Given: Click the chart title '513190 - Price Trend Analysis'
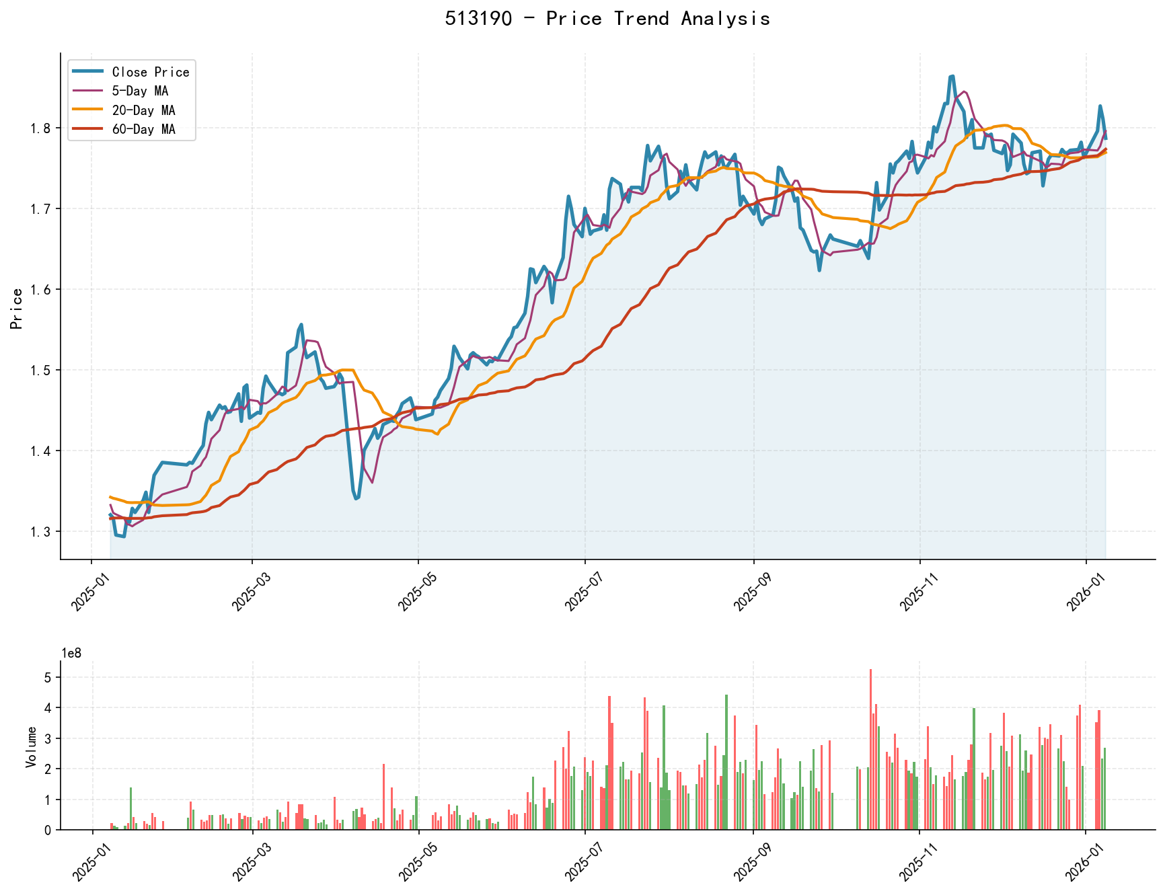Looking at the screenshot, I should [x=607, y=18].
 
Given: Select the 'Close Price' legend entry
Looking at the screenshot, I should [x=151, y=72].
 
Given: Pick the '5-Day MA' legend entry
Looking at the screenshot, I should [x=140, y=91].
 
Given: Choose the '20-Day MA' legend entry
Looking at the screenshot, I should [x=143, y=110].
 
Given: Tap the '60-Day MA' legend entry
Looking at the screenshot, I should [x=143, y=129].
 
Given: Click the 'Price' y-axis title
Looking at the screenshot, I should [x=17, y=309].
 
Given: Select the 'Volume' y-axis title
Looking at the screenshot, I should [x=31, y=746].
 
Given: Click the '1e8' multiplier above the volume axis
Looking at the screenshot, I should [x=71, y=653].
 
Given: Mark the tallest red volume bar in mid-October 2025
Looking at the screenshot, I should [x=870, y=749].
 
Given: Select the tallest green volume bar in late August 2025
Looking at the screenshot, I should [x=726, y=762].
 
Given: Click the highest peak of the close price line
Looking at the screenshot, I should [x=952, y=77].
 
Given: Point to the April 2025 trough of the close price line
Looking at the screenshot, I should [x=356, y=498].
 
